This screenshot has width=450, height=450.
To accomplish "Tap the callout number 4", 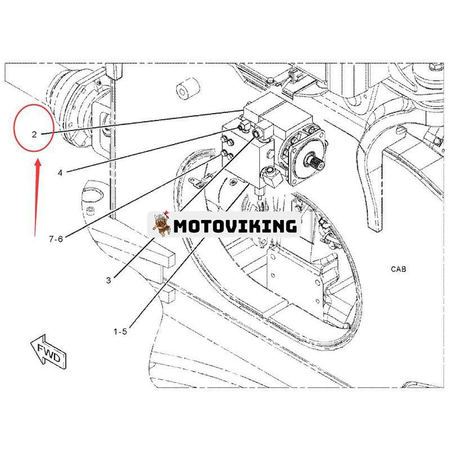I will [x=60, y=173].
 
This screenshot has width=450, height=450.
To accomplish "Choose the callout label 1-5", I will [x=120, y=332].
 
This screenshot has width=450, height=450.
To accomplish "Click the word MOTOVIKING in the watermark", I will [x=235, y=226].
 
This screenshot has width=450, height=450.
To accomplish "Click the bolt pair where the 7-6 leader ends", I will [x=227, y=147].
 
